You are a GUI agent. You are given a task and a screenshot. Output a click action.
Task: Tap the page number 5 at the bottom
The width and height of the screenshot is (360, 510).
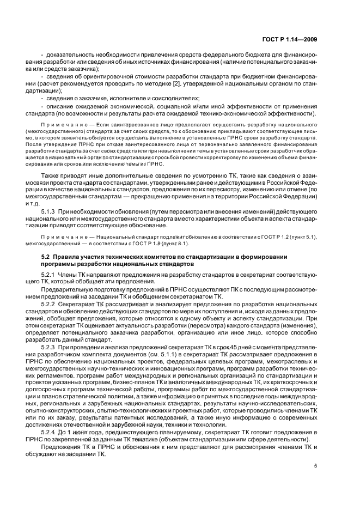pos(315,466)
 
